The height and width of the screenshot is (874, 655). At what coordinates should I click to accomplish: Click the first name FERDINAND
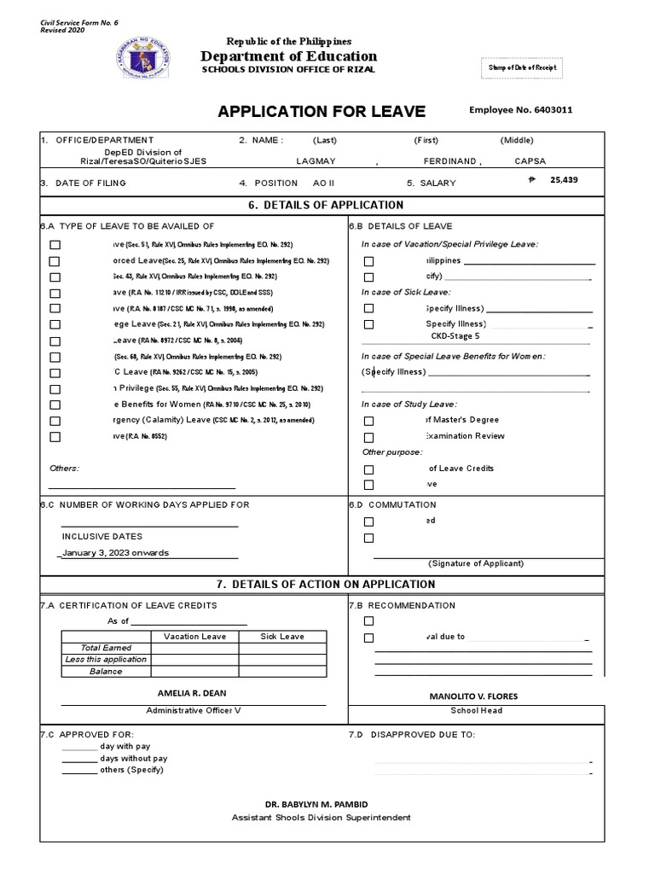pyautogui.click(x=451, y=161)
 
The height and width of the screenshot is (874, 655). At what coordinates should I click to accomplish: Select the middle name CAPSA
pyautogui.click(x=530, y=161)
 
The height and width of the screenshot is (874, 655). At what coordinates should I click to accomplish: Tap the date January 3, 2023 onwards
pyautogui.click(x=115, y=552)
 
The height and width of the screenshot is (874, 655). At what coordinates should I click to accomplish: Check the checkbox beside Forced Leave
pyautogui.click(x=55, y=261)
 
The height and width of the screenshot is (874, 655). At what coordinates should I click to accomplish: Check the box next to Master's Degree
pyautogui.click(x=368, y=421)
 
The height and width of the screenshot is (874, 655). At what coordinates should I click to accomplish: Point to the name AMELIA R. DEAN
pyautogui.click(x=193, y=693)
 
